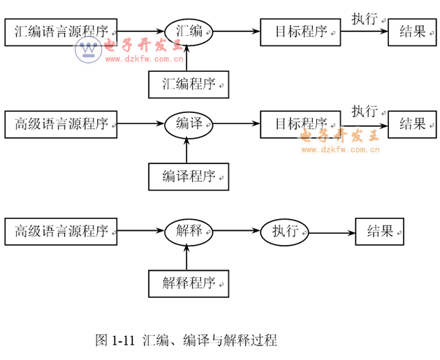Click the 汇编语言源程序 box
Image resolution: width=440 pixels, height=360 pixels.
tap(61, 31)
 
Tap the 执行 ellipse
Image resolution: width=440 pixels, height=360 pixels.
tap(285, 232)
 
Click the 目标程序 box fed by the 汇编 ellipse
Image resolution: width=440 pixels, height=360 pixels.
tap(300, 31)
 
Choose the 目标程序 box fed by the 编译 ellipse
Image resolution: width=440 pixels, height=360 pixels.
tap(300, 125)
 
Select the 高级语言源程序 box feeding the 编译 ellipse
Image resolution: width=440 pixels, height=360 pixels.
tap(61, 125)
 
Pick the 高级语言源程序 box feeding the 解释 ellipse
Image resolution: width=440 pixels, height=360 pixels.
tap(61, 232)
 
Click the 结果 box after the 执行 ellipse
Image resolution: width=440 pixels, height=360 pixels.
tap(380, 232)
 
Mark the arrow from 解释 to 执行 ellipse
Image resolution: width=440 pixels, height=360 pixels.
tap(236, 232)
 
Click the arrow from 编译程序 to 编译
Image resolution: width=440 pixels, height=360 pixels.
tap(187, 149)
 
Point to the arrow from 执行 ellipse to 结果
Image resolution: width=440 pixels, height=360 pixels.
tap(332, 232)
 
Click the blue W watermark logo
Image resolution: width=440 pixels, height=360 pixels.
tap(89, 49)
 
